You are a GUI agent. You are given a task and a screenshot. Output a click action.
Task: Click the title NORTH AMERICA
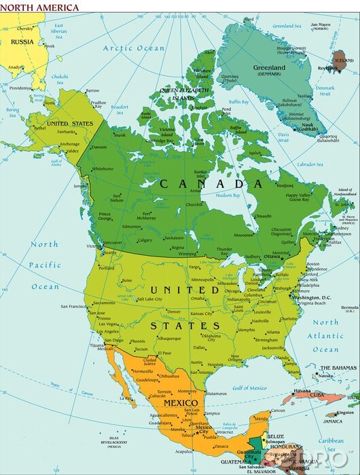(40, 7)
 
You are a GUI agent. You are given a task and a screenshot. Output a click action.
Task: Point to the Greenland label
(270, 67)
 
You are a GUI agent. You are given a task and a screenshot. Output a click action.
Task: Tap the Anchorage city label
(69, 144)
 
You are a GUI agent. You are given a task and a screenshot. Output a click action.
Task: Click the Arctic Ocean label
(134, 48)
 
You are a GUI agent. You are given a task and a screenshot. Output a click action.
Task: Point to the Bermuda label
(349, 308)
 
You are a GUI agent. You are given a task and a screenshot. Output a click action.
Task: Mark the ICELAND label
(345, 60)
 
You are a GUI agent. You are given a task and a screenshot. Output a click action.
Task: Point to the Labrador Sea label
(310, 164)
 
